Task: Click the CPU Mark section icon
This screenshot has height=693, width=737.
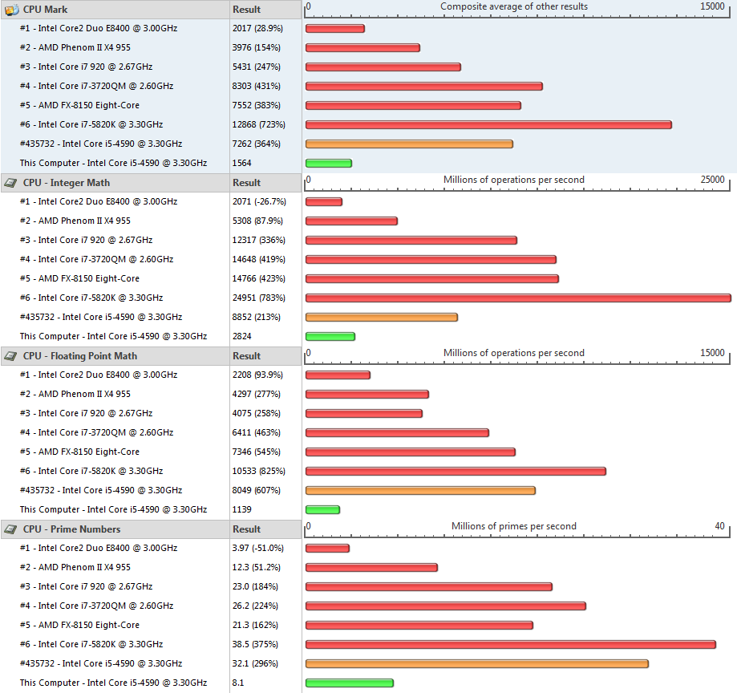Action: point(12,9)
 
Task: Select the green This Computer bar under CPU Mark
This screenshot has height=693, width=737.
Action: point(328,163)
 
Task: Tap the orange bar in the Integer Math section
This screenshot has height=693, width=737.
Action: point(381,317)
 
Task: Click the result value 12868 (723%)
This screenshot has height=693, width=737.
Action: point(258,124)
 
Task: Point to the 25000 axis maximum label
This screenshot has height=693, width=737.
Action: point(712,180)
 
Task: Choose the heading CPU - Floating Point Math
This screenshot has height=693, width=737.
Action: point(79,355)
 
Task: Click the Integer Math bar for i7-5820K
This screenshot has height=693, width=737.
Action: point(517,298)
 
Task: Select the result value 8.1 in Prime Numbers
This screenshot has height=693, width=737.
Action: point(238,683)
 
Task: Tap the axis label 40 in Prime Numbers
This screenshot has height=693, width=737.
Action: point(719,526)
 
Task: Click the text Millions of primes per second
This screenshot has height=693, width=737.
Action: point(513,526)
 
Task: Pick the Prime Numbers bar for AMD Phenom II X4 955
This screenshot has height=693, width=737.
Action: point(371,567)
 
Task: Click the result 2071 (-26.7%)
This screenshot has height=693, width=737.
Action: point(259,201)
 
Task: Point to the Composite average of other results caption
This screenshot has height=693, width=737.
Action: point(513,6)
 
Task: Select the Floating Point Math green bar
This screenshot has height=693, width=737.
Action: point(322,509)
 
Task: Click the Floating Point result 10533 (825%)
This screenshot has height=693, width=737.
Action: point(258,471)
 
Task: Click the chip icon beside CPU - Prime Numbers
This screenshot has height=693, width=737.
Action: point(11,529)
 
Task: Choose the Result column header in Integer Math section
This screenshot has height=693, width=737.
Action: point(246,182)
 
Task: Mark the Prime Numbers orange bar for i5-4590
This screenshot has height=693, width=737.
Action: point(476,663)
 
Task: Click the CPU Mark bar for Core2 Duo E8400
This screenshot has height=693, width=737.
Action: point(334,28)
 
